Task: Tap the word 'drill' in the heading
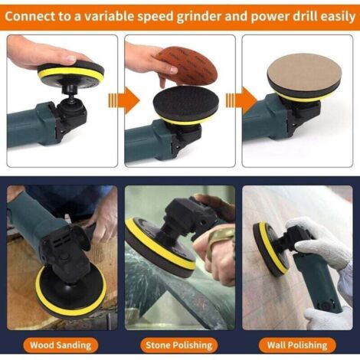[304, 16]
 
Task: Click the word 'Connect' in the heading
[30, 17]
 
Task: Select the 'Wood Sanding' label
[61, 345]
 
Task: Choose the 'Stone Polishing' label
[179, 345]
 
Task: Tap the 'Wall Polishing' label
[297, 345]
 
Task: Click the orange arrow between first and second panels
[123, 100]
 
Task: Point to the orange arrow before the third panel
[241, 100]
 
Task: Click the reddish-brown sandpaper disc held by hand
[187, 65]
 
